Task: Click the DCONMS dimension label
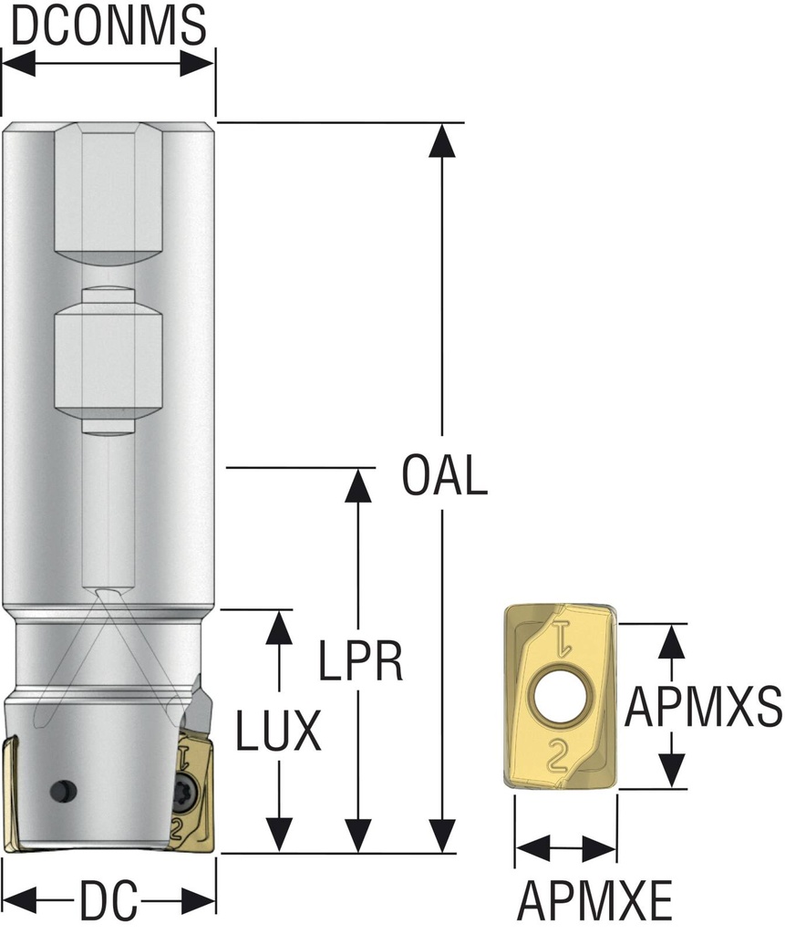pos(108,25)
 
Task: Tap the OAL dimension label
pos(444,475)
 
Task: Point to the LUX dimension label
pos(279,731)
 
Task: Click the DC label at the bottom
pos(109,900)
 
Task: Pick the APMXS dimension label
pos(704,707)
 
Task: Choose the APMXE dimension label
pos(594,900)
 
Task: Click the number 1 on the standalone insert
pos(563,639)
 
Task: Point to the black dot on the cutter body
pos(63,791)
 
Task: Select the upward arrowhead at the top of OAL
pos(441,140)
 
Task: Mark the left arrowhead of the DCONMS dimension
pos(19,63)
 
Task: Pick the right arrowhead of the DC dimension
pos(197,900)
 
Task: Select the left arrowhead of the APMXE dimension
pos(532,847)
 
